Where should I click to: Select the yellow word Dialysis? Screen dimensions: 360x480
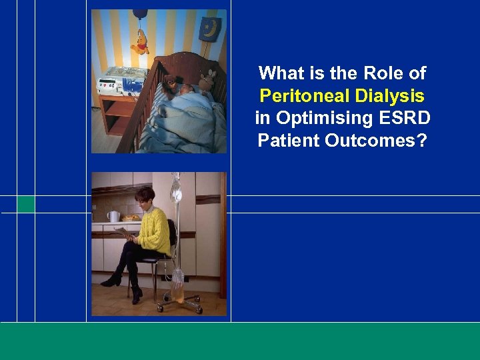click(389, 96)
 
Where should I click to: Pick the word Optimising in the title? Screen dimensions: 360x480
click(317, 119)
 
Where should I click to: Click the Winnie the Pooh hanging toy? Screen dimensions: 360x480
click(140, 43)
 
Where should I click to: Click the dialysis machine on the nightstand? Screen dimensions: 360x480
click(121, 83)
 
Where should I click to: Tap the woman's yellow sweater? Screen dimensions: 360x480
click(153, 227)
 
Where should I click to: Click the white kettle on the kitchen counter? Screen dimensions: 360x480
click(114, 216)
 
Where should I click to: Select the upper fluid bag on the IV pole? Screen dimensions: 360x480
click(176, 191)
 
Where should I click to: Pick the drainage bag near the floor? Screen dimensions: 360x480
click(177, 283)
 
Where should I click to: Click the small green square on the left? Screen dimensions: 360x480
click(26, 204)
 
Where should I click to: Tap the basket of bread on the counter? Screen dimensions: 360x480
click(131, 217)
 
